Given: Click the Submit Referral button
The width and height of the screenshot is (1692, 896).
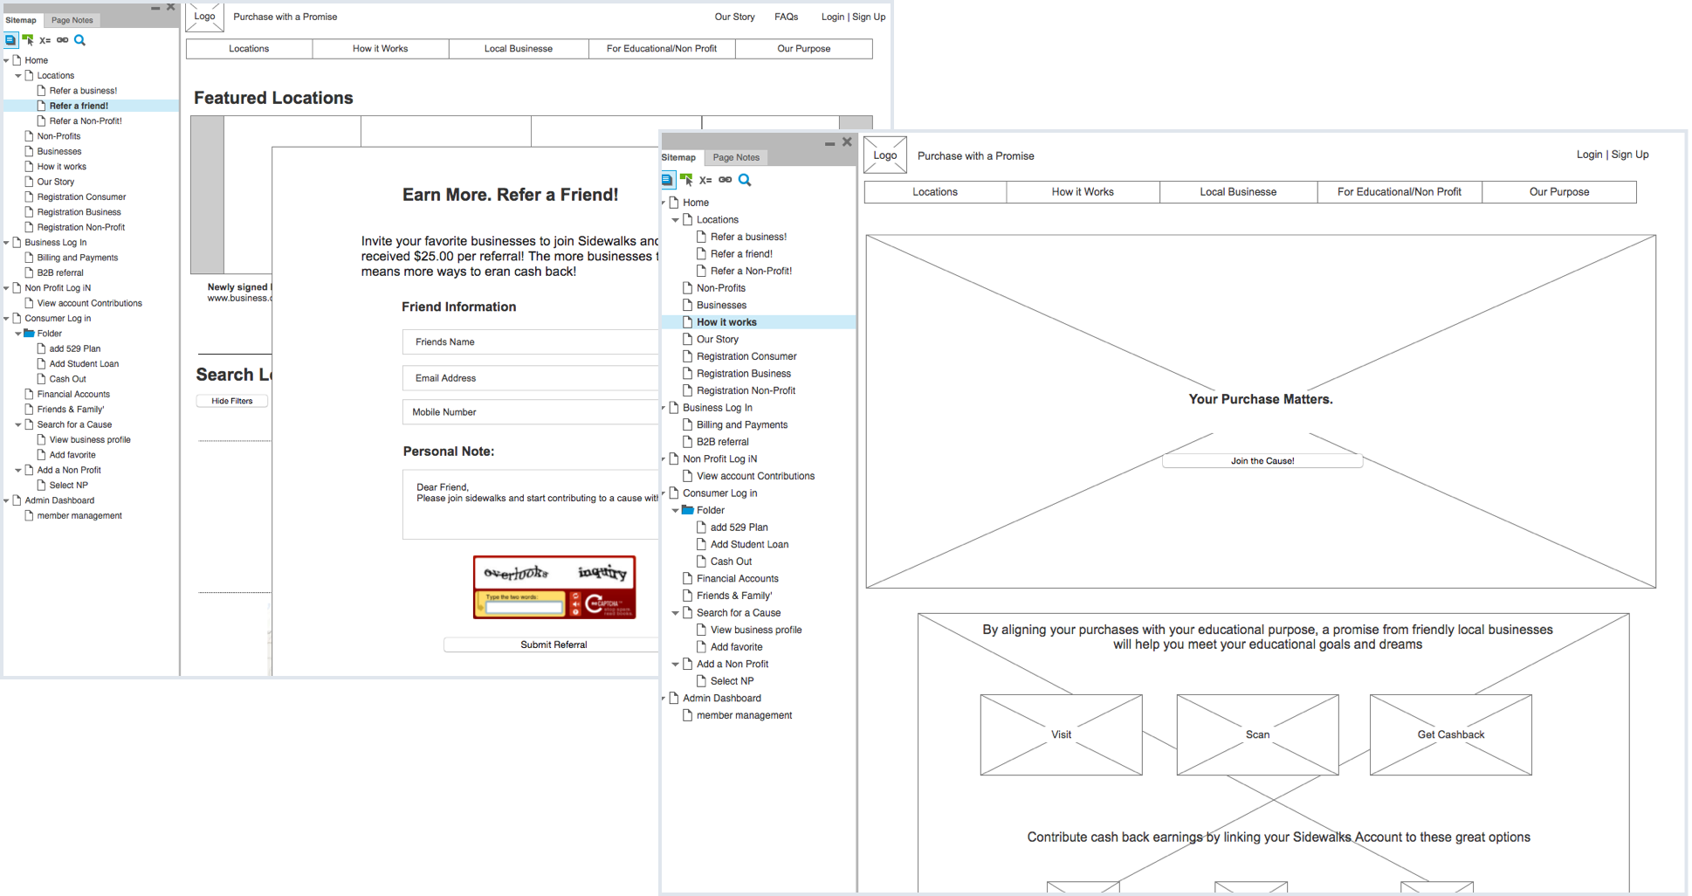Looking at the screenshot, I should [553, 644].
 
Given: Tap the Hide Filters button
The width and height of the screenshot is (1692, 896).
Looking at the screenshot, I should [231, 401].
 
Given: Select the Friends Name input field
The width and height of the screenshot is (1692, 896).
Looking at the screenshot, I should [529, 341].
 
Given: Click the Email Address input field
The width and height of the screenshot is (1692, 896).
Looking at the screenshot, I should [529, 378].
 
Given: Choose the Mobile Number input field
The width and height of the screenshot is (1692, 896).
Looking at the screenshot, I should [529, 412].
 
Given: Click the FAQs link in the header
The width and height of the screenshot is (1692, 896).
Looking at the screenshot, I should [786, 17].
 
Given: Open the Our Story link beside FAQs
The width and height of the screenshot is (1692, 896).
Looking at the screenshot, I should [734, 17].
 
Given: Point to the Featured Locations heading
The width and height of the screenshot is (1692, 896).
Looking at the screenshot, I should [273, 98].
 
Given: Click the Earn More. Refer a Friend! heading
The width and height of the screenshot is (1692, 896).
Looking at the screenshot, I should [510, 195].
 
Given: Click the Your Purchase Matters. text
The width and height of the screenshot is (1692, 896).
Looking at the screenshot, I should [1260, 399].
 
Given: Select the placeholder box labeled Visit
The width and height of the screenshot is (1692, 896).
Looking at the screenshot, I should [1061, 734].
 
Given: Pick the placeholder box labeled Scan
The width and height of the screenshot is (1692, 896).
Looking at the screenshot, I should [1257, 734].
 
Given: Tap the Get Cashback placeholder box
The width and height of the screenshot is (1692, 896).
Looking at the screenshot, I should [1450, 734].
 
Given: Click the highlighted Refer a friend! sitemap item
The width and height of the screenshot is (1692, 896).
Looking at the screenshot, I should [79, 106].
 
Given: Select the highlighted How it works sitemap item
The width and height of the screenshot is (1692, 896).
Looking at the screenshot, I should [726, 322].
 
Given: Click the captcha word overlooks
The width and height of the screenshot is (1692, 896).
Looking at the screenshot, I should [516, 573].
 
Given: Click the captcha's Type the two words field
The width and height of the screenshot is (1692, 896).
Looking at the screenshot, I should [523, 607].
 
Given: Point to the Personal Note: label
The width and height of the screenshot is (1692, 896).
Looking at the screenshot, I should [448, 451].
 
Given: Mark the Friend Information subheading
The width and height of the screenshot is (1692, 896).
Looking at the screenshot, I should [458, 307].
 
